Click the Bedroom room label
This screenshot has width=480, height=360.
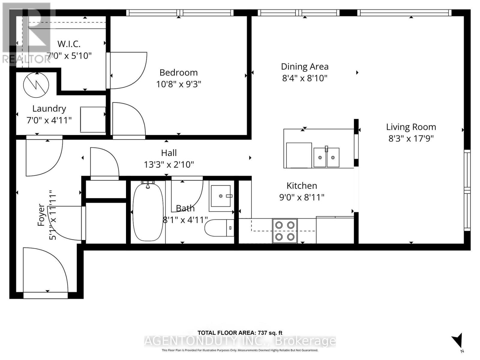click(178, 73)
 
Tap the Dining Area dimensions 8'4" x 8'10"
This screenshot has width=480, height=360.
click(304, 78)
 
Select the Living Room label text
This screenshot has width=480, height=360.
click(411, 127)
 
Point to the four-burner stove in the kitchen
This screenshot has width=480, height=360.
click(285, 231)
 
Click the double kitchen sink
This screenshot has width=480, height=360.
click(326, 157)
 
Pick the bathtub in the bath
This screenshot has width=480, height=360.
click(148, 212)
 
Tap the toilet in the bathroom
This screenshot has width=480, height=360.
click(219, 228)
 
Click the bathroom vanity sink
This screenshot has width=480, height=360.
click(221, 196)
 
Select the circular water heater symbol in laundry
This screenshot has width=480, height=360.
click(36, 85)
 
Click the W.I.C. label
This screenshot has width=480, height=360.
click(69, 44)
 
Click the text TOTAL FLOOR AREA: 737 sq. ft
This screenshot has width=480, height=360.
click(240, 333)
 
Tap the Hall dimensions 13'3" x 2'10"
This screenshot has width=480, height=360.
click(169, 165)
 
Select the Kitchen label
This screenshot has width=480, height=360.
click(301, 186)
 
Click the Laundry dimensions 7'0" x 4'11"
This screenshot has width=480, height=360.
click(49, 120)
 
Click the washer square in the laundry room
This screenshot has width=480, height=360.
click(93, 119)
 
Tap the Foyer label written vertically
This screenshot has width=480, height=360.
click(41, 215)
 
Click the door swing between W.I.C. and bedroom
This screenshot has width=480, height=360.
click(127, 70)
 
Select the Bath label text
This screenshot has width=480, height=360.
click(185, 208)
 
